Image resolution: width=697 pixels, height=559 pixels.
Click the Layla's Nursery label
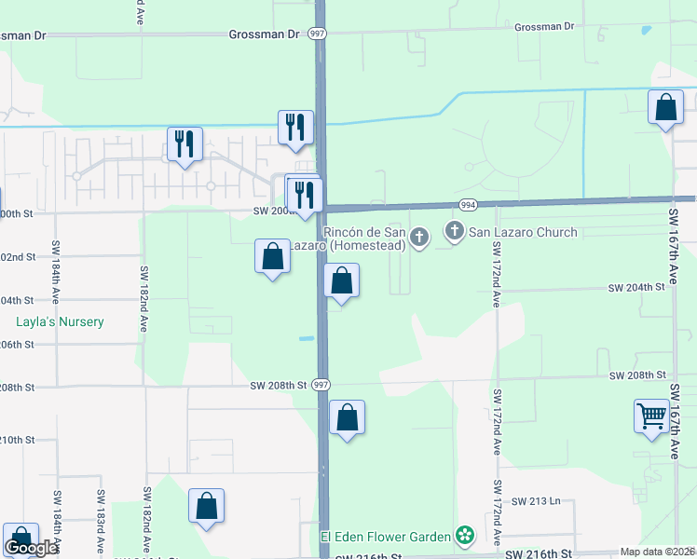click(x=59, y=322)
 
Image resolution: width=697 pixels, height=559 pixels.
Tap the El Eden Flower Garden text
click(x=386, y=536)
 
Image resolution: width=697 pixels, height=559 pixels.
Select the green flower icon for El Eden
click(x=464, y=536)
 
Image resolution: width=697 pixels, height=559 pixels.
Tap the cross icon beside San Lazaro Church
click(x=455, y=230)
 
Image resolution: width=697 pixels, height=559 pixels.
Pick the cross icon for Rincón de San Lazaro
click(x=419, y=239)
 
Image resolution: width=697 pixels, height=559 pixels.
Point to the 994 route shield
click(x=468, y=205)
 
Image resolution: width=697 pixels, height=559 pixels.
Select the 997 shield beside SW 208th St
click(x=320, y=385)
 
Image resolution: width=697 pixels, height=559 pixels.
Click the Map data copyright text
click(x=658, y=552)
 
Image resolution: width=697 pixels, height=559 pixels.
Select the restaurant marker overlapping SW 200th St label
click(x=304, y=194)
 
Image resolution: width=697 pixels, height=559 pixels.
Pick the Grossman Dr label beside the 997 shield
click(x=265, y=34)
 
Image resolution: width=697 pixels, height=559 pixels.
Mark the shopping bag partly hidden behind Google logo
click(x=20, y=539)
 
